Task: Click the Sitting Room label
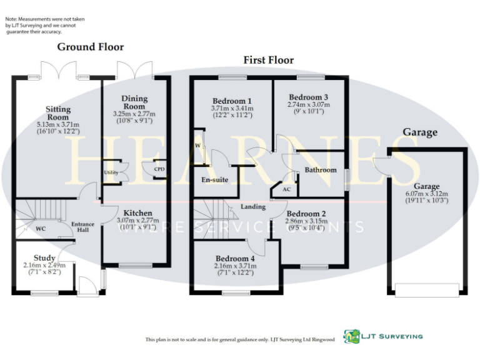[x=58, y=113]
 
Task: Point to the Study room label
[x=44, y=257]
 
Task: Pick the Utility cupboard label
[x=111, y=172]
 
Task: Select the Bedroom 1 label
[x=232, y=101]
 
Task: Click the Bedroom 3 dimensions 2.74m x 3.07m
[x=308, y=105]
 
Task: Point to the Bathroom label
[x=321, y=170]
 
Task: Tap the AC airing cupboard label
[x=286, y=189]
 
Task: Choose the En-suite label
[x=214, y=180]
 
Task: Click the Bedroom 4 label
[x=235, y=258]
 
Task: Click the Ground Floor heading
[x=91, y=47]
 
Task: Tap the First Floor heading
[x=268, y=60]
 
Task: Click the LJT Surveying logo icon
[x=352, y=336]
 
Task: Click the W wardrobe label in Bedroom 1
[x=197, y=146]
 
